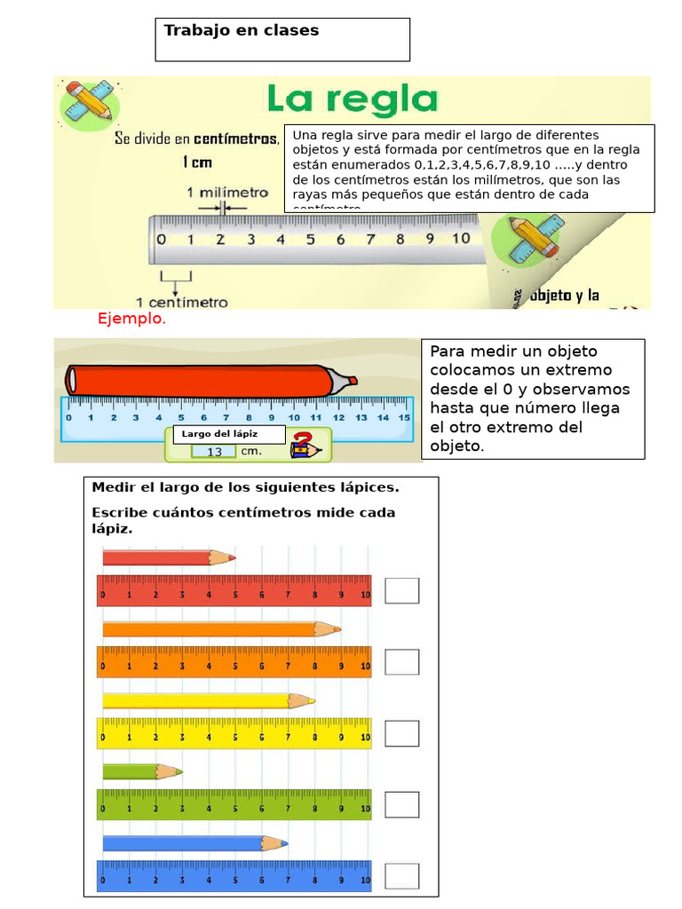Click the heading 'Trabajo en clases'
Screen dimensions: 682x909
pyautogui.click(x=241, y=31)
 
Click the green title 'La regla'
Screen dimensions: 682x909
pyautogui.click(x=353, y=99)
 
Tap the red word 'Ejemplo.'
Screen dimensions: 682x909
pyautogui.click(x=131, y=319)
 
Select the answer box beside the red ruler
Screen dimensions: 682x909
pyautogui.click(x=401, y=590)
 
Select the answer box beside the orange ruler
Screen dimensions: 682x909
pyautogui.click(x=401, y=661)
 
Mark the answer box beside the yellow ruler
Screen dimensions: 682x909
pyautogui.click(x=401, y=733)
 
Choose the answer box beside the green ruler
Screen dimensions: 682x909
pyautogui.click(x=401, y=804)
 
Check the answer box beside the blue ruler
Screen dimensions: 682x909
pyautogui.click(x=401, y=875)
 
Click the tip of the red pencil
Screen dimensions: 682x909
pyautogui.click(x=233, y=557)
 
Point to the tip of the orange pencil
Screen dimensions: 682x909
pyautogui.click(x=338, y=629)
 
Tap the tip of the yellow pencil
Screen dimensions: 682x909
pyautogui.click(x=312, y=700)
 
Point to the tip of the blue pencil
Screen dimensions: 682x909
pyautogui.click(x=285, y=842)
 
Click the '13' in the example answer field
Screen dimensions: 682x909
pyautogui.click(x=214, y=452)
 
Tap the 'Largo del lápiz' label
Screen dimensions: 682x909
pyautogui.click(x=219, y=434)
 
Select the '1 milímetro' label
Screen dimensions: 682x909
pyautogui.click(x=226, y=193)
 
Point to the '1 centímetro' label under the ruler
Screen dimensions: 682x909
pyautogui.click(x=181, y=302)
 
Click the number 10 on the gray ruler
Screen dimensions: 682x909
pyautogui.click(x=460, y=239)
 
